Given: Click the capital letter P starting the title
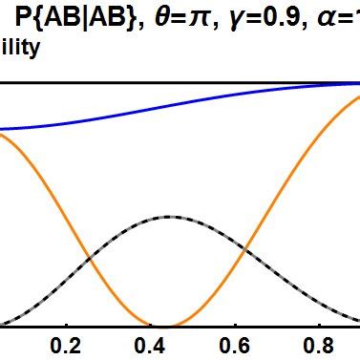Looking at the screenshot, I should (24, 18).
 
